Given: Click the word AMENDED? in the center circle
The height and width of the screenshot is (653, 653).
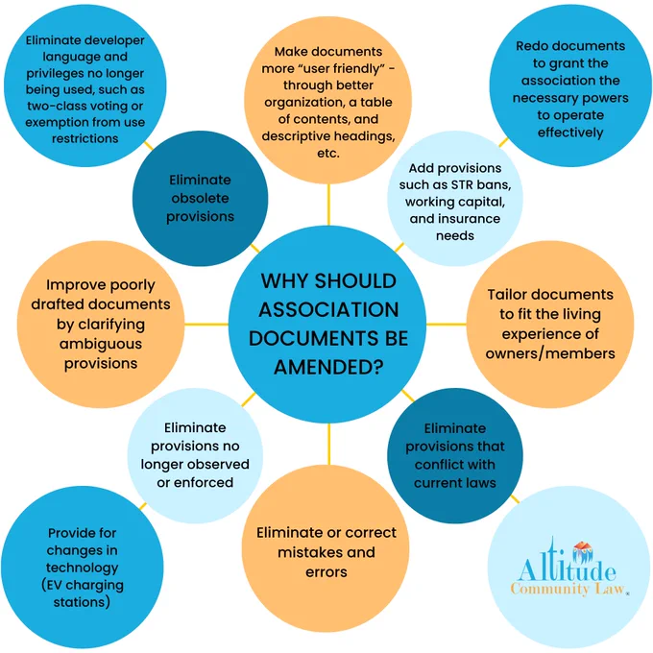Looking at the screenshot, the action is [x=328, y=367].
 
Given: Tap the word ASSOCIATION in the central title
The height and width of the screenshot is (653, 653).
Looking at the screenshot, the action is [x=328, y=309].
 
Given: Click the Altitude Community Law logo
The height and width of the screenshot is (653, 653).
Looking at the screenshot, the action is [x=568, y=568].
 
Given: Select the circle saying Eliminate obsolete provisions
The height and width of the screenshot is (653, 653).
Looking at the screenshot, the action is [x=201, y=199].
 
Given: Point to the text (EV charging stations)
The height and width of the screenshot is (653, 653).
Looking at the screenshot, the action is [x=83, y=593].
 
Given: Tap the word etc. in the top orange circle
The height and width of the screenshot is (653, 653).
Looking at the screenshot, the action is [x=328, y=154].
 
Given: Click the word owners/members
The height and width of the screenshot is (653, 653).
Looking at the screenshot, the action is [x=550, y=353].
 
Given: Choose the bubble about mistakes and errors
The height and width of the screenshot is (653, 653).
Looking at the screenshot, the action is [x=326, y=548].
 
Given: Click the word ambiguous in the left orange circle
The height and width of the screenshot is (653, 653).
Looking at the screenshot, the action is [x=101, y=344].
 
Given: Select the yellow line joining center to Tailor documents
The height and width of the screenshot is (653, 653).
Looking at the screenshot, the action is [x=446, y=324].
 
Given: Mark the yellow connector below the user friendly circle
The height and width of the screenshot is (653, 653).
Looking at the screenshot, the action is [x=328, y=205].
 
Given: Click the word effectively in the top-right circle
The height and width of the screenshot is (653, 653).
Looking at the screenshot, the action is [x=570, y=133].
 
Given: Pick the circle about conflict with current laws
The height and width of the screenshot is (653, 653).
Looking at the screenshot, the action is [x=455, y=455].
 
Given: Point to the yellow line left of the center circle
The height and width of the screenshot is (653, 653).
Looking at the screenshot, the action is [x=206, y=324].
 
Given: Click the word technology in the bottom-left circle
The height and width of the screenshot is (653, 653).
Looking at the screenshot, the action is [x=82, y=568].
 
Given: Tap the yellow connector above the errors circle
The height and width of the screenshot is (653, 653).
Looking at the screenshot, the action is [x=328, y=444].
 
